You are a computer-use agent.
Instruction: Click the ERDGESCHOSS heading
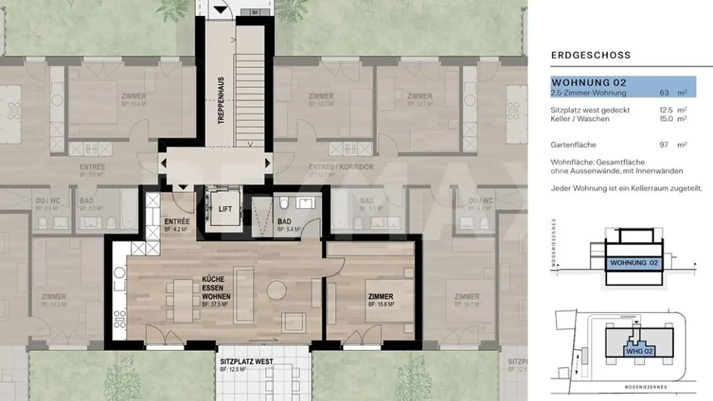[591, 55]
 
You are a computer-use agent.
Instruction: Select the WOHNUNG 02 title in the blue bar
[589, 82]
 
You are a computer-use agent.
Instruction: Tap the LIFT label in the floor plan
[225, 209]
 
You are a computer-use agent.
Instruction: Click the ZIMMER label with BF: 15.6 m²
[381, 297]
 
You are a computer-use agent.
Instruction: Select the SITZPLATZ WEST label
[247, 361]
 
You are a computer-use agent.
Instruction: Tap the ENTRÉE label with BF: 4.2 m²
[176, 222]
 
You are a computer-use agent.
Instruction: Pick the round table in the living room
[276, 290]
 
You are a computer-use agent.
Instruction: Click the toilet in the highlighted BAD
[284, 203]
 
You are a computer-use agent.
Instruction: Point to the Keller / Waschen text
[580, 119]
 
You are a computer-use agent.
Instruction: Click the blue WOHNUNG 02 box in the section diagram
[634, 263]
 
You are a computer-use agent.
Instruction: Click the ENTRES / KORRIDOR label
[341, 167]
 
